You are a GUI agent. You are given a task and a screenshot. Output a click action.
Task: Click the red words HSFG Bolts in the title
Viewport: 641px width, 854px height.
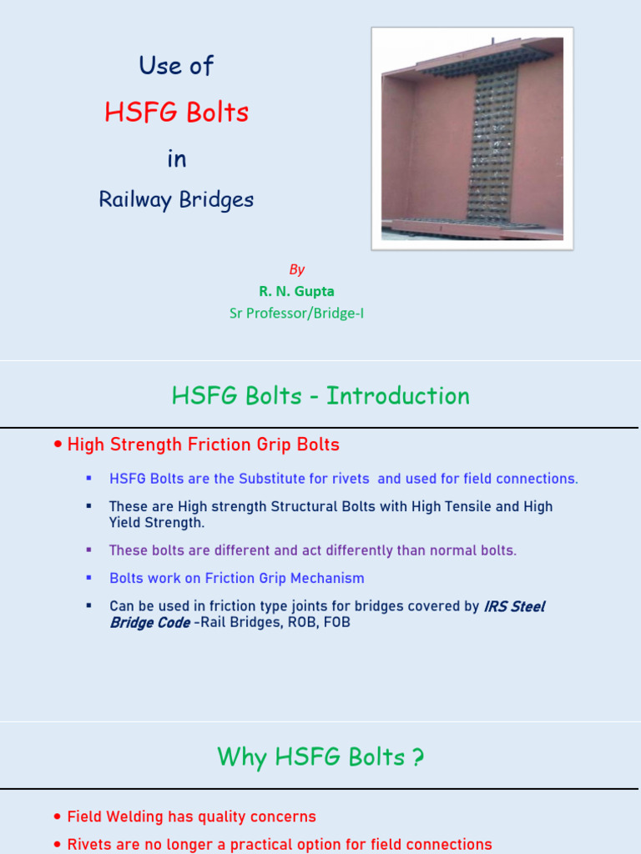[177, 113]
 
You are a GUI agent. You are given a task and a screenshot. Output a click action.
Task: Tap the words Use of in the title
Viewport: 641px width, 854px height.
[177, 66]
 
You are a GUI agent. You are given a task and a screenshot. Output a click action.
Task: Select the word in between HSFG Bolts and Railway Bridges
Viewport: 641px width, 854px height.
[177, 158]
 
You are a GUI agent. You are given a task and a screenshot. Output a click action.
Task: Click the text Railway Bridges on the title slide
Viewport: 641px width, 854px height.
[176, 200]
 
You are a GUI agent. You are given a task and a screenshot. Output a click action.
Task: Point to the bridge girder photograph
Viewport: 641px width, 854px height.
[472, 138]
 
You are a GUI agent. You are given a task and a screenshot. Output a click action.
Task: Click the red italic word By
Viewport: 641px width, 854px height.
[297, 269]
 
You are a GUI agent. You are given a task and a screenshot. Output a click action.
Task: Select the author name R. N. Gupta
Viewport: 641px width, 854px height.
[296, 291]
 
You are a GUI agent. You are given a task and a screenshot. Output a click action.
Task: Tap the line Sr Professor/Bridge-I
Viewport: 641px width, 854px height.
[296, 314]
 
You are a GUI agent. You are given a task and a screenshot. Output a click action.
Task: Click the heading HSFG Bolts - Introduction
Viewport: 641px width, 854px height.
[320, 395]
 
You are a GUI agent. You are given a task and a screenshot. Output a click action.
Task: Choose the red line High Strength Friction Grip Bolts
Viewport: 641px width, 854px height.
[203, 445]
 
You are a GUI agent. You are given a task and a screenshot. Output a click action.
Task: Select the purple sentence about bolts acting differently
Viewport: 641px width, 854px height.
[313, 550]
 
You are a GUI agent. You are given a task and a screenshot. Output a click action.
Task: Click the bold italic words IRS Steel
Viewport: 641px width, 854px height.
[514, 606]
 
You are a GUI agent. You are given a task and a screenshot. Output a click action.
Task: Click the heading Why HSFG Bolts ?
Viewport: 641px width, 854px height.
[320, 757]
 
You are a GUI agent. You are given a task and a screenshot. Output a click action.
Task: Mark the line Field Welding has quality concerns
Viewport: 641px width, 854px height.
[191, 816]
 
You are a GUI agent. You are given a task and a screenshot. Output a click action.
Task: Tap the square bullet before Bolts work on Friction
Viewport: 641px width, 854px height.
[88, 577]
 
